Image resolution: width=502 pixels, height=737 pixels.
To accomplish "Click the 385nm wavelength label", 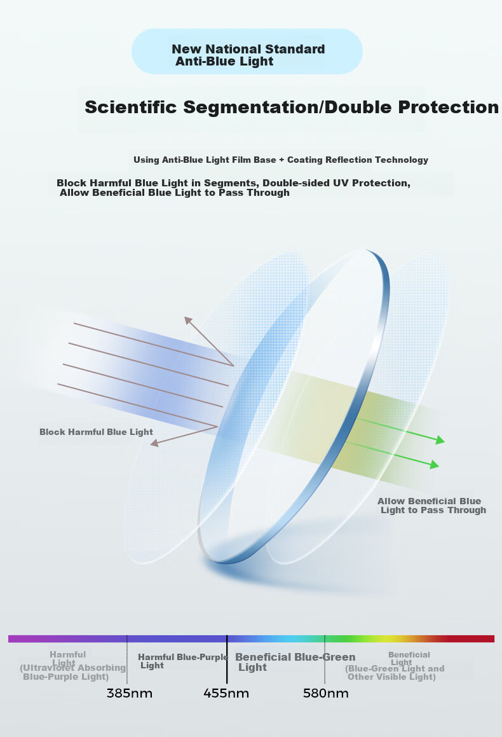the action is coord(130,693).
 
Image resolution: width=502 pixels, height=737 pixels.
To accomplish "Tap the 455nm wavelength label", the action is coord(226,693).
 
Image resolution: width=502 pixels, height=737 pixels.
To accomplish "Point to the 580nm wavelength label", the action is coord(325,693).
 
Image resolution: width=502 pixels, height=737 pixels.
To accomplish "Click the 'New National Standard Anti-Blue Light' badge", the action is coord(247,52).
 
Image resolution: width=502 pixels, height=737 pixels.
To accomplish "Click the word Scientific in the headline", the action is coord(131,107).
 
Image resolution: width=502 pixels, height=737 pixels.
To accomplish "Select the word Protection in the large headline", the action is coord(449,107).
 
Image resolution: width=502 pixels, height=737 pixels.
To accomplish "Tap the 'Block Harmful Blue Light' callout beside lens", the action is coord(96,432).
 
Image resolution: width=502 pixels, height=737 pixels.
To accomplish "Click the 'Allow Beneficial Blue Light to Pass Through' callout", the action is coord(431,506).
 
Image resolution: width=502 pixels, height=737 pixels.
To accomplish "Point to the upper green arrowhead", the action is coord(440,441).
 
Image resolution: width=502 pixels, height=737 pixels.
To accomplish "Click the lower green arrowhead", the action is coord(435,465).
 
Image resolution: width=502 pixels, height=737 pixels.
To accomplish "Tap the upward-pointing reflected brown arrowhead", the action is coord(188,320).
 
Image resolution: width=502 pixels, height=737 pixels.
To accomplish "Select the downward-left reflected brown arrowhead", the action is coord(154,443).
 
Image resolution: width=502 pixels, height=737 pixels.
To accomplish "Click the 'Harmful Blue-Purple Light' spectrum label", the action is coord(183,661).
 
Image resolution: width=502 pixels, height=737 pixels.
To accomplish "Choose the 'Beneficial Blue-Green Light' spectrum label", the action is coord(295,662).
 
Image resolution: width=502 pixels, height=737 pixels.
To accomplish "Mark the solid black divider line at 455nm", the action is coord(227,659).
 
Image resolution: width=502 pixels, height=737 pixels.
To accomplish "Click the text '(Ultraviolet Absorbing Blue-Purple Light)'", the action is coord(73,672).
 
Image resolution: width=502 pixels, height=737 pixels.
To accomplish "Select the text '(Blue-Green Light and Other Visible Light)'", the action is coord(395,673).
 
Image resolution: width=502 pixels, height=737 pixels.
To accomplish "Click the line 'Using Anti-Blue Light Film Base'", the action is coord(205,160).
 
